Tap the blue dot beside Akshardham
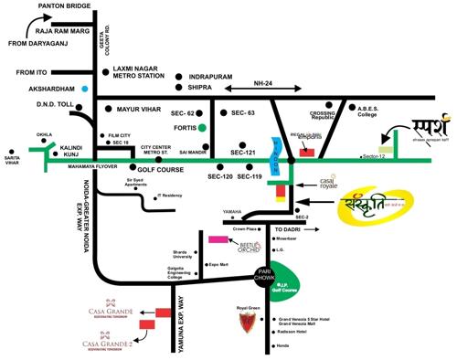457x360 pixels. click(85, 89)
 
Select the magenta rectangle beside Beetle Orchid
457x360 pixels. click(219, 239)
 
